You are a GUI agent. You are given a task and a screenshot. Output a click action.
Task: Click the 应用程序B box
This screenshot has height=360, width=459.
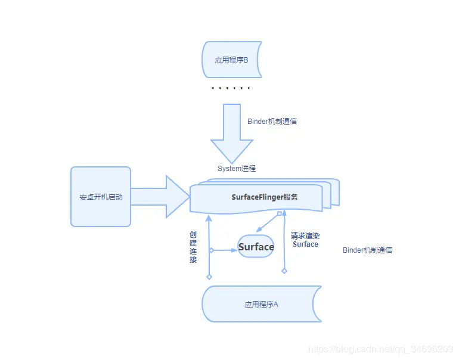point(231,60)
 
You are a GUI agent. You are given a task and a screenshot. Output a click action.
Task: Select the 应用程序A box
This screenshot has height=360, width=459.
point(261,304)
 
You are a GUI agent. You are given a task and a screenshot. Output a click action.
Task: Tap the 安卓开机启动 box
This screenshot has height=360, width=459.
point(101,197)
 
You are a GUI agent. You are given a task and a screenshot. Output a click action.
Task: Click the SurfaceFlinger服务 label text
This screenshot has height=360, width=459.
point(264,197)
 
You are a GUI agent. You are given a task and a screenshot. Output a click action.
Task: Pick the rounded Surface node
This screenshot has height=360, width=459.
point(256,247)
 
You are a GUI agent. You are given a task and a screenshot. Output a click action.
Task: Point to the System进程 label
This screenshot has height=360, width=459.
point(237,169)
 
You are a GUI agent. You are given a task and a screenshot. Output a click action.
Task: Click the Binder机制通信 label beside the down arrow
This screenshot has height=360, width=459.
point(272,121)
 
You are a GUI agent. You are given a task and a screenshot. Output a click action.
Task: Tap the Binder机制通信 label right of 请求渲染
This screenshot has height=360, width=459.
point(367,250)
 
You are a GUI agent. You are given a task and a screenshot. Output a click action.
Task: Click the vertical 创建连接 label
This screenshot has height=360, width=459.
point(193,247)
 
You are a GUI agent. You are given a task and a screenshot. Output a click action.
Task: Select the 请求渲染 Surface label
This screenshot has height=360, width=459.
point(305,240)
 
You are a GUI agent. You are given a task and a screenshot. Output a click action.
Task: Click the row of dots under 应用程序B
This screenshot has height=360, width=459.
point(231,88)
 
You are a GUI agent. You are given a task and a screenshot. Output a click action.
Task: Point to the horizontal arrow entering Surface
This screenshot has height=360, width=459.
point(225,250)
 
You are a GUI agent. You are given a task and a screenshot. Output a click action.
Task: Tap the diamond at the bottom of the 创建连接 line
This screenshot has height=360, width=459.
point(209,277)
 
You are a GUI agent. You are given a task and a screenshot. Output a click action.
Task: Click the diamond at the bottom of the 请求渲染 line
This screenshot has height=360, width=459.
point(284,271)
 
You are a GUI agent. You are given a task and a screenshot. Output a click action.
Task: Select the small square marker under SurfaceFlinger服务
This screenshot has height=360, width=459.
point(279,213)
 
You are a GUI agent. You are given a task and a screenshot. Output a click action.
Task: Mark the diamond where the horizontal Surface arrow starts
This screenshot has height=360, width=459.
point(211,250)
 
